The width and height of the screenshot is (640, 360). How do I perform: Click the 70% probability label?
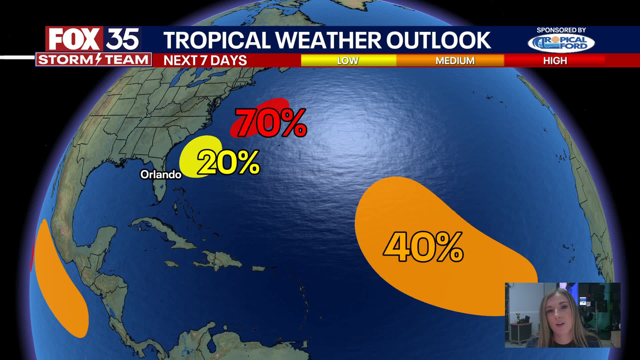[x=271, y=123]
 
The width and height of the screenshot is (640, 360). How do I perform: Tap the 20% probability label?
[x=228, y=163]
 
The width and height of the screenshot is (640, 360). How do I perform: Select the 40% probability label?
[x=423, y=247]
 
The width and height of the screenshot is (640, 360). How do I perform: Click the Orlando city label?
[x=161, y=174]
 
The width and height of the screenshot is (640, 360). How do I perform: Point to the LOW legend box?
[x=348, y=60]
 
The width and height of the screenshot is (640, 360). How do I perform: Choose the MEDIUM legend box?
[x=455, y=60]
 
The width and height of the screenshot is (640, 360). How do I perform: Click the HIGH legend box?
[x=555, y=60]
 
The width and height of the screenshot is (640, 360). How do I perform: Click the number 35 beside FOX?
[x=122, y=39]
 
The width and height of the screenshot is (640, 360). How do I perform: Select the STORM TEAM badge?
[x=93, y=60]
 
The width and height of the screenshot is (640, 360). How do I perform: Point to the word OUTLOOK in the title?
[x=438, y=40]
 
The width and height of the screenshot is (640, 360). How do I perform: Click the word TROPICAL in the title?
[x=217, y=40]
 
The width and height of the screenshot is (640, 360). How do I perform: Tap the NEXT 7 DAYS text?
[x=205, y=60]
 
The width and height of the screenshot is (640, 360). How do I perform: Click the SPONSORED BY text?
[x=561, y=30]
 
